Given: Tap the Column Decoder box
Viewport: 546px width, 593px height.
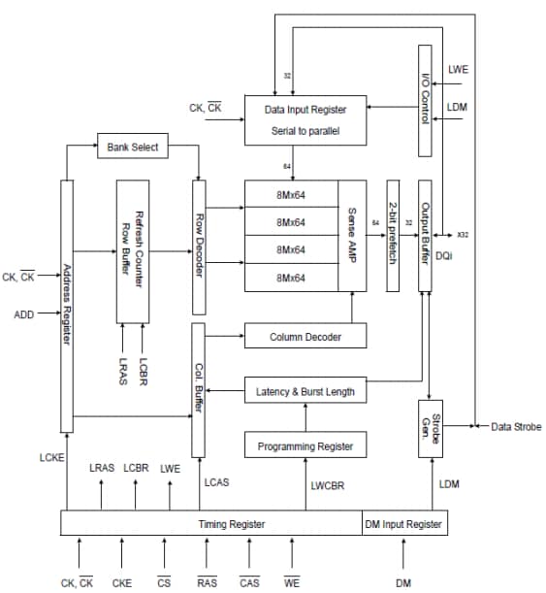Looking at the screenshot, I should pyautogui.click(x=305, y=337).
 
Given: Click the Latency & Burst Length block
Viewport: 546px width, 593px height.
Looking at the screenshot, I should pyautogui.click(x=305, y=392).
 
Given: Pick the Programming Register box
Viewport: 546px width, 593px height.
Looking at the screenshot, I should pyautogui.click(x=305, y=446).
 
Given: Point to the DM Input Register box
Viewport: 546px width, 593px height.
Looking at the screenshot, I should pyautogui.click(x=404, y=524).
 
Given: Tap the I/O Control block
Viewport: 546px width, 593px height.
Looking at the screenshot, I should pyautogui.click(x=424, y=100).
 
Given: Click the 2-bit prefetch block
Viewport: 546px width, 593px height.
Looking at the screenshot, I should pyautogui.click(x=393, y=235).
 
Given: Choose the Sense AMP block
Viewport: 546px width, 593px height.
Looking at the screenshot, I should pyautogui.click(x=352, y=235).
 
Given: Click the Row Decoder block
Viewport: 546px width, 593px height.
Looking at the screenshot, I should pyautogui.click(x=199, y=247).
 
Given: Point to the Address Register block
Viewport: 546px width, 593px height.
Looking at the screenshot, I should pyautogui.click(x=67, y=306).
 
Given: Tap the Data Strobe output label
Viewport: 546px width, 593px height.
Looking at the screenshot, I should pyautogui.click(x=516, y=426).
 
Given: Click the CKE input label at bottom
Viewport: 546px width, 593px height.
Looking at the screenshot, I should pyautogui.click(x=121, y=582).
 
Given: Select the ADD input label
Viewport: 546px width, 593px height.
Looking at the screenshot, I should pyautogui.click(x=23, y=314).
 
